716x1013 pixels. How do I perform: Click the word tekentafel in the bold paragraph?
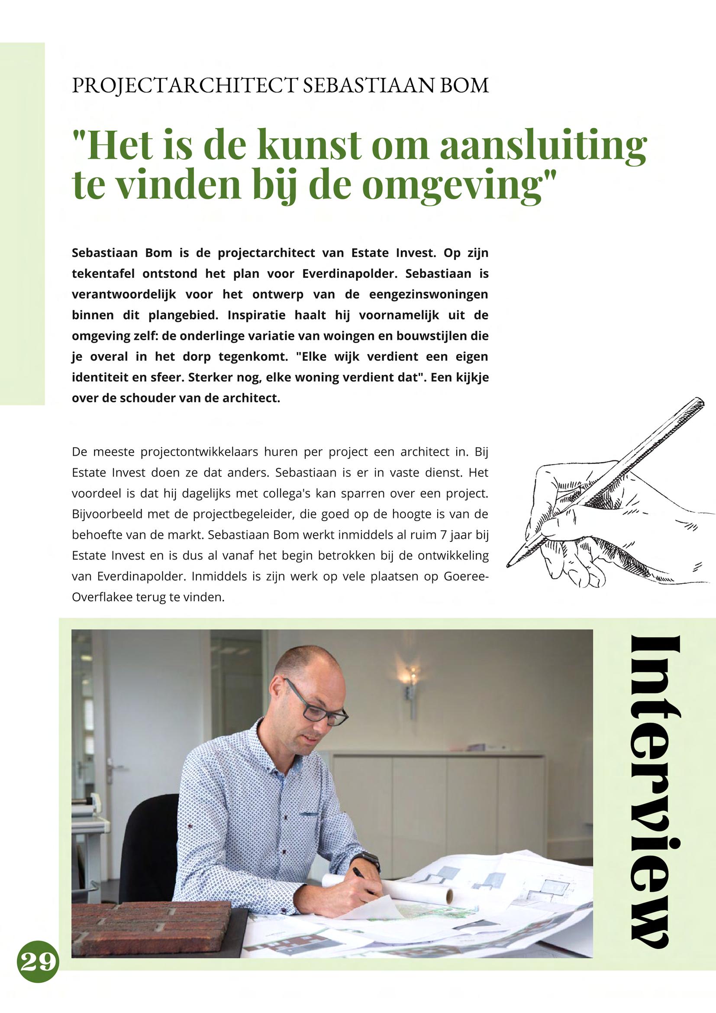click(x=102, y=274)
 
